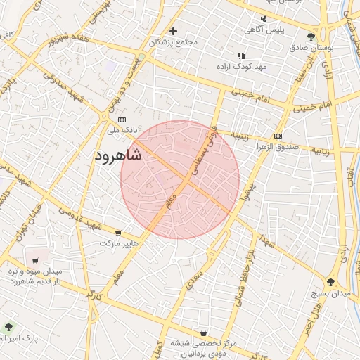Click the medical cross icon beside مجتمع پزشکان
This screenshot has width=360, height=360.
point(173,30)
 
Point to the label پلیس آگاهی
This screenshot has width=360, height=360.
point(263,30)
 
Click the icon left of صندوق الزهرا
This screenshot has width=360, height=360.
point(278,136)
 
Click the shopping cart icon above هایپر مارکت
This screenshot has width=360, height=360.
point(118,233)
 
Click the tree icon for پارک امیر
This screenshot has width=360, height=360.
point(8,327)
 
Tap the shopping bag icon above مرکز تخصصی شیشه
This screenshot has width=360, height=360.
point(203,332)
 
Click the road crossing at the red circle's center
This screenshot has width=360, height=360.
point(181,180)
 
